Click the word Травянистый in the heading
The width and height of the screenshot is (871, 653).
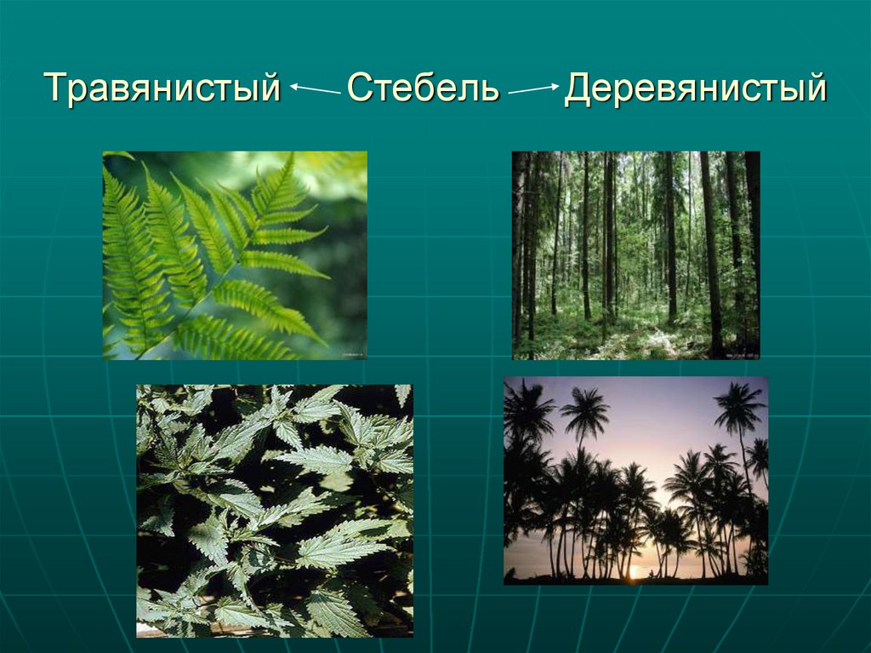coord(162,89)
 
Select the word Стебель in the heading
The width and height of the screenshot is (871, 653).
coord(423,89)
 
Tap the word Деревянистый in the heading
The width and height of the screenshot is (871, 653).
coord(695,89)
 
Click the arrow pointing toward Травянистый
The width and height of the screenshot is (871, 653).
coord(314,87)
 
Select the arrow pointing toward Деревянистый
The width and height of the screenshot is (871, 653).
coord(533,88)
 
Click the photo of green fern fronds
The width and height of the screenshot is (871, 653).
coord(235,255)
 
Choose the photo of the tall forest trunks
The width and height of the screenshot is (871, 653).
coord(635,255)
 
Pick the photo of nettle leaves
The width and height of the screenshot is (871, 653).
coord(274,510)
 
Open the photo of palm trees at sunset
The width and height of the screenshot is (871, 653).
coord(635,480)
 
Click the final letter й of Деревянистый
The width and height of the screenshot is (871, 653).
coord(815,89)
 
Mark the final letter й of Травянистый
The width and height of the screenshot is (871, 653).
coord(269,89)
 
